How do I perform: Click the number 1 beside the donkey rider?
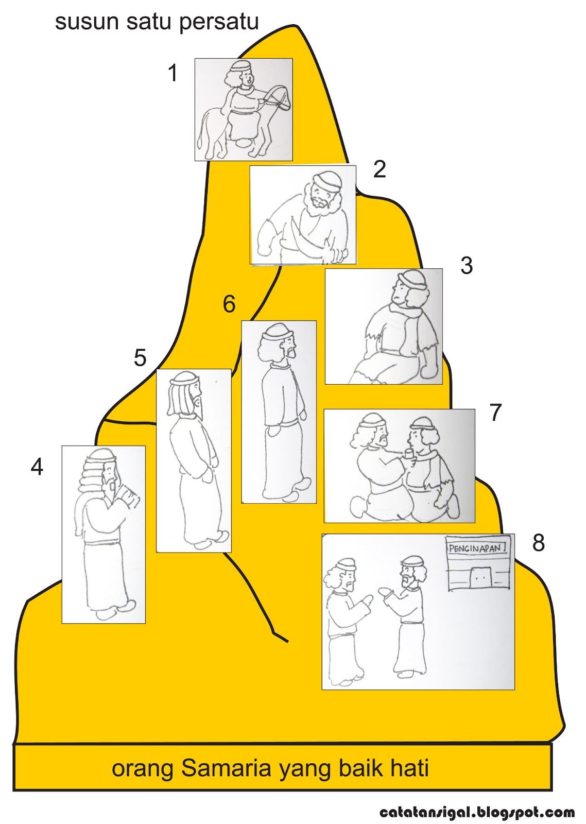tap(173, 73)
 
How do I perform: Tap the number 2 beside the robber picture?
tap(380, 169)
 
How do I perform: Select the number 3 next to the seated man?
tap(467, 266)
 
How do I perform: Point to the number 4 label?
tap(37, 468)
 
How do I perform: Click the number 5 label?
tap(140, 357)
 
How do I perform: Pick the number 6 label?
tap(229, 304)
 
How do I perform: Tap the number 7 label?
tap(495, 413)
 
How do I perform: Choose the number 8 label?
tap(538, 542)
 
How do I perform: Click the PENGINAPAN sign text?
tap(477, 548)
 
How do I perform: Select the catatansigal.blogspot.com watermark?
tap(477, 811)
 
